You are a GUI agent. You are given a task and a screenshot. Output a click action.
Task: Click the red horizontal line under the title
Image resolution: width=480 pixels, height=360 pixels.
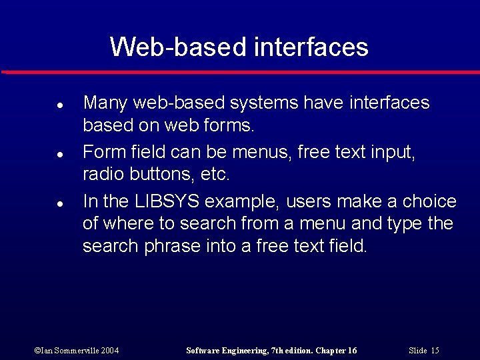240,72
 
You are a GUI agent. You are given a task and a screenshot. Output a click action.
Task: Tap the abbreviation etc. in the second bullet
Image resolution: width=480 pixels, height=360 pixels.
215,175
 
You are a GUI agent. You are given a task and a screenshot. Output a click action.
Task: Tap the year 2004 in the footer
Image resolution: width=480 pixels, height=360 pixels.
109,351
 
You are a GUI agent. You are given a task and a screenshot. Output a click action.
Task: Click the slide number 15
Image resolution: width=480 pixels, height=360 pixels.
435,351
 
